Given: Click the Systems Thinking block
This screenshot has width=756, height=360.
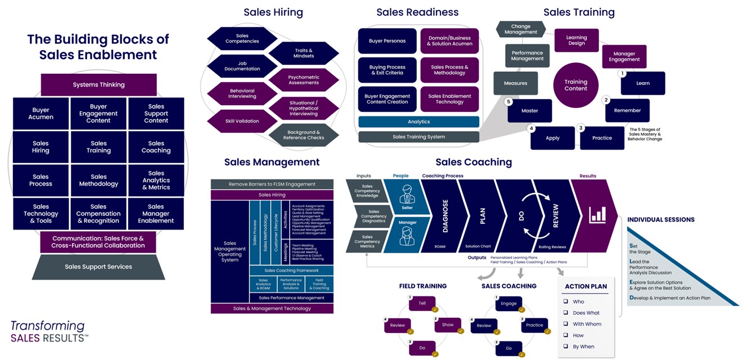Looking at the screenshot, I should [98, 85].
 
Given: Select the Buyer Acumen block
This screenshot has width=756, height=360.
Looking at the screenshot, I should [40, 114].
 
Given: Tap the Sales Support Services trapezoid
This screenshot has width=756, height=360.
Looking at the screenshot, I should [98, 267].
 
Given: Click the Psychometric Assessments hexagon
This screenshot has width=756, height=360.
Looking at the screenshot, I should [304, 80].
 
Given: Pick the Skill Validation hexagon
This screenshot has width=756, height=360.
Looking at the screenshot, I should [242, 121].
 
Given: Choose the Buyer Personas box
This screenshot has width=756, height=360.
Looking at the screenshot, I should [387, 41].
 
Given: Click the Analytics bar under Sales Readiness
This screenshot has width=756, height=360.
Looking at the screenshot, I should [418, 121].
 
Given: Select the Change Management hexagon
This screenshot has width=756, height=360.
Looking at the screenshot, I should [520, 29].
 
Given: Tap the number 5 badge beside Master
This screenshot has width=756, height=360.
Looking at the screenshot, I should [509, 102].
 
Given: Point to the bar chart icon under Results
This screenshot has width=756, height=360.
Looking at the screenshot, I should [597, 214].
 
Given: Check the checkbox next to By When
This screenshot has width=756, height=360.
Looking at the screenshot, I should [566, 346].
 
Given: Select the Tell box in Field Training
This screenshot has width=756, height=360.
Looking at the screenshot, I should [422, 303].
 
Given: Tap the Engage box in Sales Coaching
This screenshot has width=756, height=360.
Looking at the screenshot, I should [508, 303].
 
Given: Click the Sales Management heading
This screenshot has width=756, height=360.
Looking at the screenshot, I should [272, 162].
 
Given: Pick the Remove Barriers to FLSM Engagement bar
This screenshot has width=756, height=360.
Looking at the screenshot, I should [272, 184].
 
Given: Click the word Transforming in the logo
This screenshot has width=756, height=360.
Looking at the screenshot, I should [47, 326].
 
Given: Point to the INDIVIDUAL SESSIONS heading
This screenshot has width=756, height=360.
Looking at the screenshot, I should [661, 219].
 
